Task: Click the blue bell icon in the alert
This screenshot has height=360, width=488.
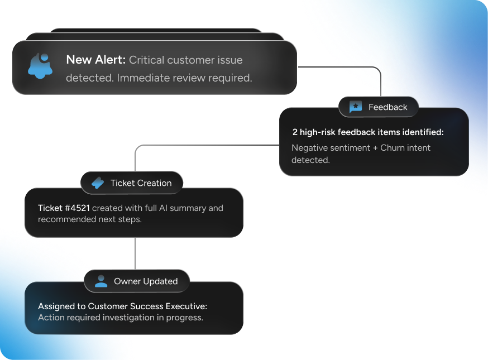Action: pyautogui.click(x=40, y=66)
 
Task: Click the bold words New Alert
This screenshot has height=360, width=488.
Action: pyautogui.click(x=95, y=60)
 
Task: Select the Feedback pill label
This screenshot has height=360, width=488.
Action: pyautogui.click(x=387, y=107)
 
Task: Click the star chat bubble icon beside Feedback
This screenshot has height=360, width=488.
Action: pyautogui.click(x=356, y=107)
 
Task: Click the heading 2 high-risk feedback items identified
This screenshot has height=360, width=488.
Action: pyautogui.click(x=367, y=132)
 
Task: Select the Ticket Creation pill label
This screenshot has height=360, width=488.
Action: pyautogui.click(x=141, y=183)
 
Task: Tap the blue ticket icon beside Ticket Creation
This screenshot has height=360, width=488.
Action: pyautogui.click(x=98, y=183)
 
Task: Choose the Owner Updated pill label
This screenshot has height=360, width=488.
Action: pyautogui.click(x=146, y=281)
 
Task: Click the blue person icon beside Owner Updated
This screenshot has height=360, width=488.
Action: pyautogui.click(x=101, y=281)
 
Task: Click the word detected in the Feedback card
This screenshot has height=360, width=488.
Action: pyautogui.click(x=310, y=160)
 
